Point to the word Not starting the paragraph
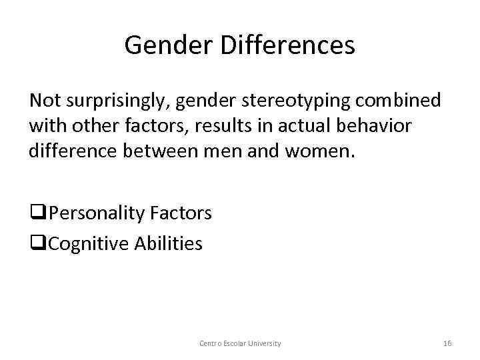(43, 101)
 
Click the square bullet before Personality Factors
(36, 214)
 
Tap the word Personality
(97, 213)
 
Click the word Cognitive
(89, 243)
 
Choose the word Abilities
(169, 243)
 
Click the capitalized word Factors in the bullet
(181, 213)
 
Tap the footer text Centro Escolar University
(240, 343)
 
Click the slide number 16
(447, 343)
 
